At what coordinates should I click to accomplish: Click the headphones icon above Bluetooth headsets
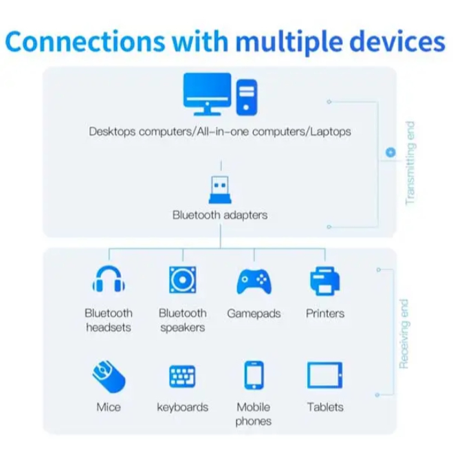pos(109,279)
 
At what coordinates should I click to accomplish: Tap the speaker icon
pos(183,280)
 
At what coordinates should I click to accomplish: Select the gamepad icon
pos(254,281)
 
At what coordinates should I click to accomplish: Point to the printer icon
pos(325,281)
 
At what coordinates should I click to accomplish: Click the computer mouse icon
pos(109,376)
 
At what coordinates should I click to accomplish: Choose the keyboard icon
pos(182,376)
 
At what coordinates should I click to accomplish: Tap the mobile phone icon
pos(254,375)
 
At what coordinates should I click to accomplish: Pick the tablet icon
pos(324,375)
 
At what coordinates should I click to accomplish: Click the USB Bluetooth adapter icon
pos(220,190)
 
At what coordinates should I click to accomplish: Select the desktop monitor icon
pos(207,94)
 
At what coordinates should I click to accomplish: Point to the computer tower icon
pos(246,98)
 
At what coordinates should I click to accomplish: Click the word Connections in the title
pos(85,41)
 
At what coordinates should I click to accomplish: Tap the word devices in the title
pos(397,41)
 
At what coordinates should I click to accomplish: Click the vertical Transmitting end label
pos(410,163)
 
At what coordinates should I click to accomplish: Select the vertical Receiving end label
pos(404,334)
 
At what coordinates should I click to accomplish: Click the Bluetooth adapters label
pos(220,215)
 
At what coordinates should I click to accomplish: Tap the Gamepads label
pos(254,313)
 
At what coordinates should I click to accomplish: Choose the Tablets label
pos(325,407)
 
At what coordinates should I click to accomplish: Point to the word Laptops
pos(331,132)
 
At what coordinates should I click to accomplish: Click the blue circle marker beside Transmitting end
pos(390,152)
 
